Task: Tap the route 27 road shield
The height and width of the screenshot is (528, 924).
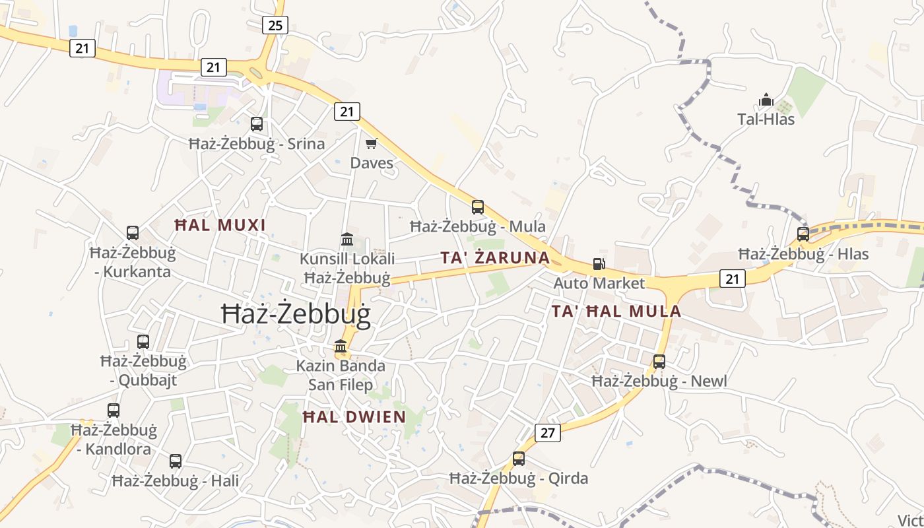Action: [x=548, y=432]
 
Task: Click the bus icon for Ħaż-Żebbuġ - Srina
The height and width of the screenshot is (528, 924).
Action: [x=257, y=123]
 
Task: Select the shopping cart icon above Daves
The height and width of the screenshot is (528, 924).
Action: [x=372, y=143]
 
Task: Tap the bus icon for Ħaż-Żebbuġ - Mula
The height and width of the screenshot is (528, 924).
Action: [x=478, y=207]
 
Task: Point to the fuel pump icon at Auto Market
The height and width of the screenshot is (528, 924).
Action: [x=599, y=264]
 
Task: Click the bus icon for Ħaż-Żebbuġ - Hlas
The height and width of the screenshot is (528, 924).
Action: [x=803, y=234]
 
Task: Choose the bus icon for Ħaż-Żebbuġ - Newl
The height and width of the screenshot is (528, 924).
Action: [x=659, y=361]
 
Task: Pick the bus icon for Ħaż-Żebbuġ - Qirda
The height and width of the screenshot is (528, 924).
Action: [x=519, y=458]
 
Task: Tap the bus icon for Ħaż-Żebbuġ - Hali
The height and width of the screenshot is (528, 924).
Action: [x=176, y=461]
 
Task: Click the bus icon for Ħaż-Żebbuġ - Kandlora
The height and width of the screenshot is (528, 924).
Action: [x=114, y=410]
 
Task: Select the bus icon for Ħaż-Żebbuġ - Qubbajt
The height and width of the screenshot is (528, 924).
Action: [x=143, y=341]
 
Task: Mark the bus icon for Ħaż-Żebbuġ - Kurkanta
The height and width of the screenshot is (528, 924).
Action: [x=133, y=232]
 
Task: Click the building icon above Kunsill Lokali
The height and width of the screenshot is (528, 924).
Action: [x=347, y=238]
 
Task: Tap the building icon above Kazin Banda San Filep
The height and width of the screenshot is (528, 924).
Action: [x=341, y=346]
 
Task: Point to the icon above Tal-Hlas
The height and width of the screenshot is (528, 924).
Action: [x=766, y=100]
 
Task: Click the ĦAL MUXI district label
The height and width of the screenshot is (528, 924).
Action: [x=220, y=225]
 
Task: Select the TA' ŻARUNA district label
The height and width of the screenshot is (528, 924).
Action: [x=495, y=257]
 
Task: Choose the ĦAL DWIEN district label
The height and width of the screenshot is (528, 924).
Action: [x=354, y=416]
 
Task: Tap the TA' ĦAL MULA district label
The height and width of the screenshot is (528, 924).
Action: [x=616, y=311]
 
